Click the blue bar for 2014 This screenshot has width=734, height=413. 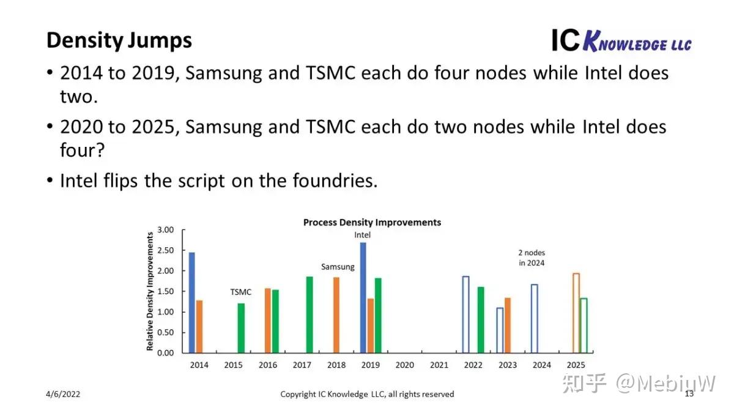[191, 302]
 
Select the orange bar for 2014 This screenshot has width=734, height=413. [199, 326]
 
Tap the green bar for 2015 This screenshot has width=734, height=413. [241, 328]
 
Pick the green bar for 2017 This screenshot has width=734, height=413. [310, 314]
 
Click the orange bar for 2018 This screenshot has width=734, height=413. [336, 315]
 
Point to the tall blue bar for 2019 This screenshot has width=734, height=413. [363, 297]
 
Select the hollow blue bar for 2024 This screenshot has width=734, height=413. [535, 318]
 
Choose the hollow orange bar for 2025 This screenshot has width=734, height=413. [576, 313]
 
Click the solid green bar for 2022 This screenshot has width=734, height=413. [481, 319]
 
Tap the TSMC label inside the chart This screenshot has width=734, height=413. [240, 292]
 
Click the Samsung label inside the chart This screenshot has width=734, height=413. [338, 267]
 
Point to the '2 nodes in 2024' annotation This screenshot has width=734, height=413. [531, 258]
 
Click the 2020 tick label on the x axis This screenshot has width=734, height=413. [405, 365]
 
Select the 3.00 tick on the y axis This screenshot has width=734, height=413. [166, 230]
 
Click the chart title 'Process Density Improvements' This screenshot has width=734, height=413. [372, 222]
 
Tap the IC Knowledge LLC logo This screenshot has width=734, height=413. [621, 41]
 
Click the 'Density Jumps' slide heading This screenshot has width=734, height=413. [119, 40]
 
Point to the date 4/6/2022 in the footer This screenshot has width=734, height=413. [63, 394]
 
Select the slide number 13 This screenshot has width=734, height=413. [689, 393]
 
